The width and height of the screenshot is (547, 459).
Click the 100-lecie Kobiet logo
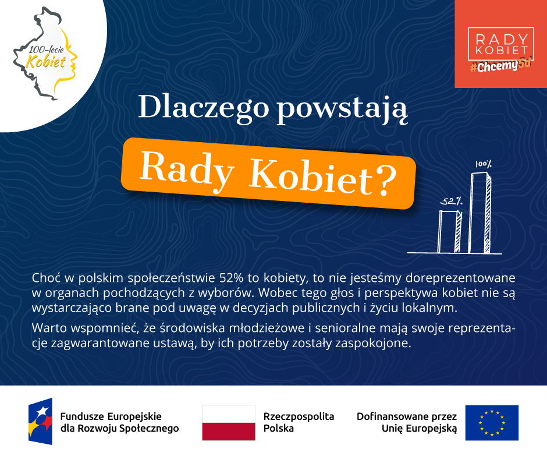45,54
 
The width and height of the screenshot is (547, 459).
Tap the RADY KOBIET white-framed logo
501,44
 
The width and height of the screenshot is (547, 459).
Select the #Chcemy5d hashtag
501,65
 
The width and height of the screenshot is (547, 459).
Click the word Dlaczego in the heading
204,108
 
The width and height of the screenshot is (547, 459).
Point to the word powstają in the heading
342,109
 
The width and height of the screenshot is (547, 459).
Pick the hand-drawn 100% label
483,164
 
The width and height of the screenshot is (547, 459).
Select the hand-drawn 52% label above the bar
452,201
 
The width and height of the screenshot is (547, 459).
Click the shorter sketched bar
450,231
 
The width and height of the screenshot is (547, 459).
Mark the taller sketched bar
480,213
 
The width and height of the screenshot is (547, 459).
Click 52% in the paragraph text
231,278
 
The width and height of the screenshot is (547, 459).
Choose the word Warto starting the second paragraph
49,329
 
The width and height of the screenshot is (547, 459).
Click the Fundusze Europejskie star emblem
41,421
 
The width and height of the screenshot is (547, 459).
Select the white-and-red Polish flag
229,423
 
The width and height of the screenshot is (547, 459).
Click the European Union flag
492,423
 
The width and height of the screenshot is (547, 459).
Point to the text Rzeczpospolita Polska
299,422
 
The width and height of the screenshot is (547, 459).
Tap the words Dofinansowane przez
406,416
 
